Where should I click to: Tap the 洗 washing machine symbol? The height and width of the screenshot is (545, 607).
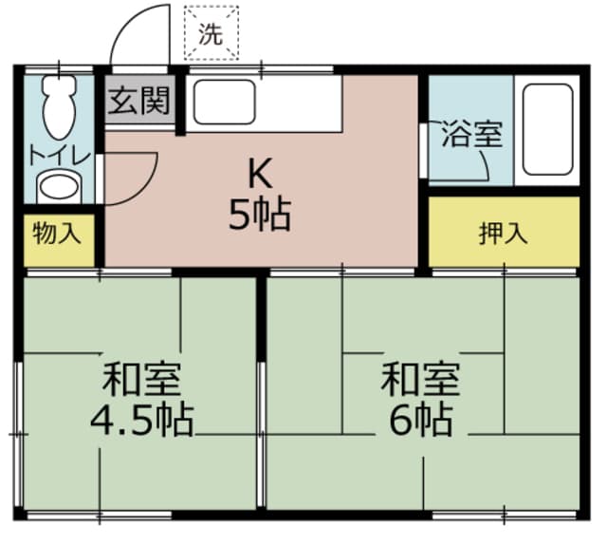click(x=211, y=35)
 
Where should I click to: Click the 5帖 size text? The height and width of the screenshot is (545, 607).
click(x=258, y=216)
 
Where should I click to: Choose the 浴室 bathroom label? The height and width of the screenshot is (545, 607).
click(x=469, y=134)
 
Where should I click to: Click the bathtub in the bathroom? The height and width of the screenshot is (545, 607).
click(x=547, y=132)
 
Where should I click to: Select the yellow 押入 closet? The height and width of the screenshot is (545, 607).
click(x=503, y=233)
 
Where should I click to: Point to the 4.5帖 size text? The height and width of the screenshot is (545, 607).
click(x=142, y=419)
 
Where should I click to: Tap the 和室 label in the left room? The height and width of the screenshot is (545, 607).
click(x=142, y=379)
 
